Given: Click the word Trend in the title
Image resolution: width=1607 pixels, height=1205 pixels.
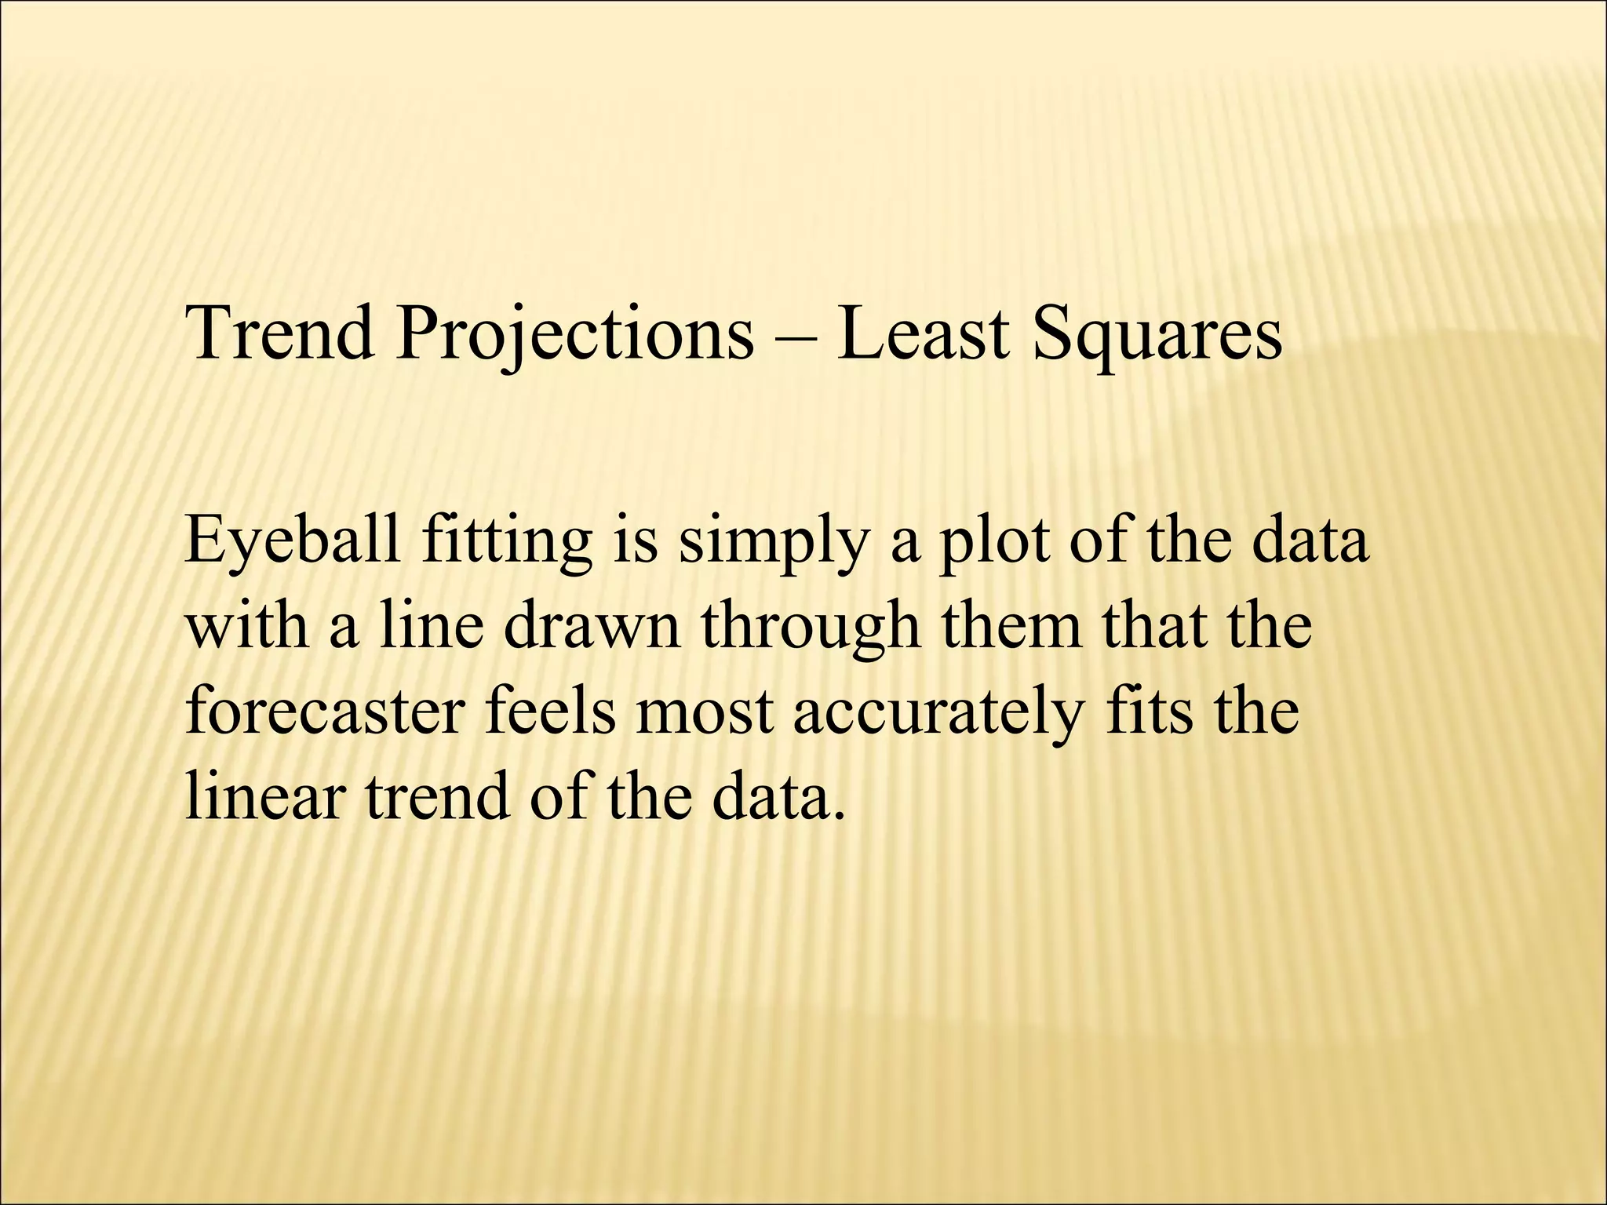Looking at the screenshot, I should [x=280, y=333].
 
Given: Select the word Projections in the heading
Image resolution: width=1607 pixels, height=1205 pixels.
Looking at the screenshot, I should [x=574, y=333].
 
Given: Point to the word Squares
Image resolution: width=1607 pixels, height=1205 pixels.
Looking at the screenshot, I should [x=1157, y=333].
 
